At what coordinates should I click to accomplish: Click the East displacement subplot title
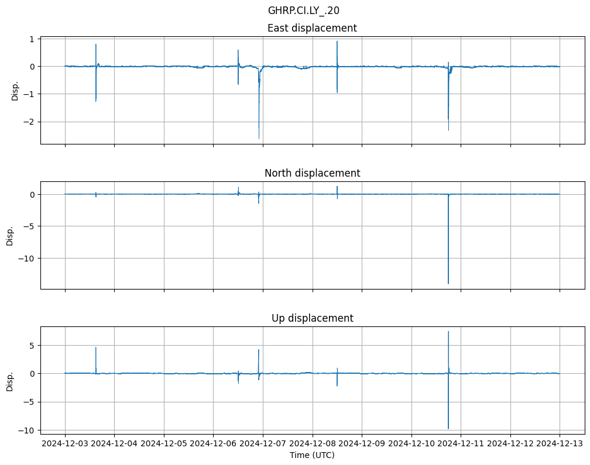(x=312, y=28)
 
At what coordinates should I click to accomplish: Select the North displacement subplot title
(x=312, y=173)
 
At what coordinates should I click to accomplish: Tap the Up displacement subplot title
(x=312, y=318)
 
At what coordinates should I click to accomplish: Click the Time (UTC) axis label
(x=312, y=454)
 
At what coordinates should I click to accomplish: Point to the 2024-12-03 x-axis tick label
(x=65, y=444)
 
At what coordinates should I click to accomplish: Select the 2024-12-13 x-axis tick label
(x=560, y=444)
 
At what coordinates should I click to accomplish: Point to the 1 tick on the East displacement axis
(x=33, y=39)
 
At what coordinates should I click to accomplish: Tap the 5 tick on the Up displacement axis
(x=33, y=346)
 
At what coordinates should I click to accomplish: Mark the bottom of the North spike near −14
(x=448, y=284)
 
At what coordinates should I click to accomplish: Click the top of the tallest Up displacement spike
(x=448, y=332)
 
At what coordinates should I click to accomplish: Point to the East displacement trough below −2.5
(x=259, y=138)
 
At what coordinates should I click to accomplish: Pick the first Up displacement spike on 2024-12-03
(x=96, y=348)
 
